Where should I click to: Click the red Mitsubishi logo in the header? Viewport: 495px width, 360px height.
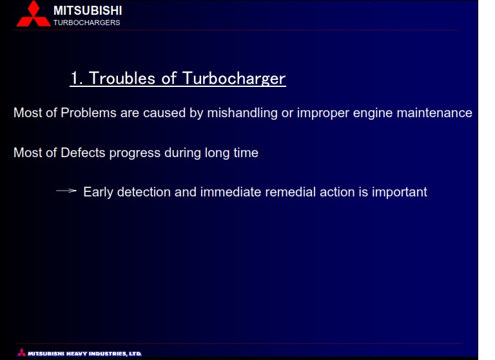[34, 14]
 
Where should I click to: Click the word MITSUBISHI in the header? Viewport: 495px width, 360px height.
[88, 11]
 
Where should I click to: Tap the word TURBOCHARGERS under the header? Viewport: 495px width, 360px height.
[87, 23]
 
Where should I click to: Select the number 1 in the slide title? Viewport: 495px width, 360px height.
[75, 79]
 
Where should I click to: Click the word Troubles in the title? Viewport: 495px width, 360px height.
[122, 79]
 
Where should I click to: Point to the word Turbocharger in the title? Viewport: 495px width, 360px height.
[234, 79]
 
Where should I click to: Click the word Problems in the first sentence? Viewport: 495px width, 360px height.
[88, 113]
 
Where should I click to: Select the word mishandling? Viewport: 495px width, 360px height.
[242, 113]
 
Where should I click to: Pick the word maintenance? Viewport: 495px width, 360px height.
[434, 113]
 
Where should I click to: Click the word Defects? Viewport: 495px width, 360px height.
[83, 153]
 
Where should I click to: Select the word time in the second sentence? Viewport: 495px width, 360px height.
[246, 153]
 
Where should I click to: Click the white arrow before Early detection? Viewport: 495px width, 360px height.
[66, 191]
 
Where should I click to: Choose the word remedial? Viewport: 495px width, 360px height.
[291, 192]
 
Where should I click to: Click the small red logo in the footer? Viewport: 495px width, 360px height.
[22, 352]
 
